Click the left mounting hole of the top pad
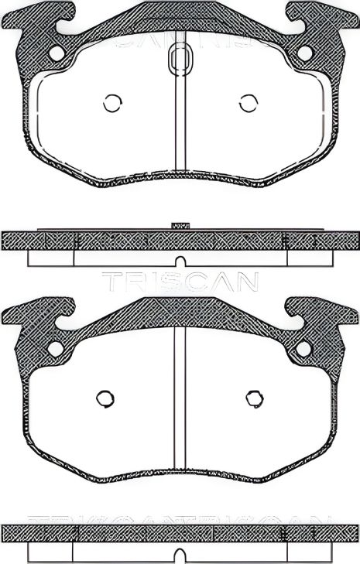tap(56, 53)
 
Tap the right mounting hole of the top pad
tap(304, 53)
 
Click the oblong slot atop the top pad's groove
tap(180, 59)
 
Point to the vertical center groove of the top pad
tap(180, 124)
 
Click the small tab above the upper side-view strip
tap(180, 225)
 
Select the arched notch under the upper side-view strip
tap(180, 261)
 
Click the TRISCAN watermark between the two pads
tap(180, 282)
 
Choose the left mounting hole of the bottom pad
tap(56, 348)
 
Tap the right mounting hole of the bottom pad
tap(304, 349)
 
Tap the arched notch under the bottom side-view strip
tap(180, 555)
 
